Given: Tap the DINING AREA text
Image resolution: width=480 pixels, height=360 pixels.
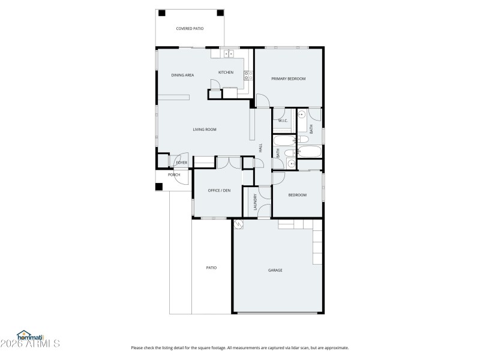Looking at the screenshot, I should (182, 75).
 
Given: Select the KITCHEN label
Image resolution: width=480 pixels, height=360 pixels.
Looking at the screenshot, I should (226, 73).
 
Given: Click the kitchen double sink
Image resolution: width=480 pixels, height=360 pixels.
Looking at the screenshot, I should (229, 54).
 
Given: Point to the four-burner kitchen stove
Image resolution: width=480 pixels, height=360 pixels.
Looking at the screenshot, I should (247, 75).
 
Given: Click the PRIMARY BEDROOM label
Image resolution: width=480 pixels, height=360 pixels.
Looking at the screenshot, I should (288, 79).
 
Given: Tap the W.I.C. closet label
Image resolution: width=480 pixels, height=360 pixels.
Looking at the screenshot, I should (283, 121).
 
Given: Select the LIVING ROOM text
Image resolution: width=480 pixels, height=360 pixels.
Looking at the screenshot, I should (204, 130).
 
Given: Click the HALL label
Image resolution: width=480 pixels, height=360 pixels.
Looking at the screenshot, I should (260, 147).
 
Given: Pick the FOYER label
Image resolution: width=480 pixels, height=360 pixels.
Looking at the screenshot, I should (181, 163).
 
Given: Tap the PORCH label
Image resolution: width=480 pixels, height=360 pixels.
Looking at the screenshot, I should (174, 175).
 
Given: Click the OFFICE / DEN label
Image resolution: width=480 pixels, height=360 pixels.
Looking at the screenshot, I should (219, 190).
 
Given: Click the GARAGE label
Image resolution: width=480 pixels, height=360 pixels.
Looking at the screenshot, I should (275, 270).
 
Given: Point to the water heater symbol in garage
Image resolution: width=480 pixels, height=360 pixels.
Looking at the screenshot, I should (239, 224).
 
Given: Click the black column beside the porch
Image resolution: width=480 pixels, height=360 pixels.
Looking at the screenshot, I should (159, 186).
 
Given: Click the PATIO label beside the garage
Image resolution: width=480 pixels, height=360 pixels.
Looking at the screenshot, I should (211, 268).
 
